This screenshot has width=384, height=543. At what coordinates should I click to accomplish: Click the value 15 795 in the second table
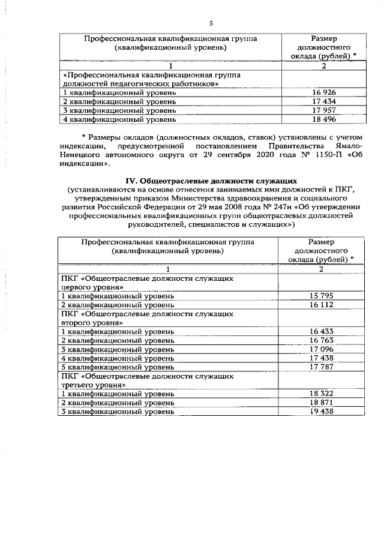pyautogui.click(x=321, y=296)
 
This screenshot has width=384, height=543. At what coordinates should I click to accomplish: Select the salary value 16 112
pyautogui.click(x=321, y=305)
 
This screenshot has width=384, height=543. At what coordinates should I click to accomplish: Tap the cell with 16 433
pyautogui.click(x=321, y=331)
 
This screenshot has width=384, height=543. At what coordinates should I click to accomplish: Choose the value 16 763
pyautogui.click(x=321, y=340)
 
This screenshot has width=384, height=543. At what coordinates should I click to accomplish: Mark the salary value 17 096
pyautogui.click(x=321, y=349)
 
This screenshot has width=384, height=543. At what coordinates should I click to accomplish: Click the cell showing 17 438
pyautogui.click(x=321, y=358)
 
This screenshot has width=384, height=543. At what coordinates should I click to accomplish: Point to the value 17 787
pyautogui.click(x=321, y=367)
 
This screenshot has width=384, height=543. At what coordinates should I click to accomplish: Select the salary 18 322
pyautogui.click(x=321, y=394)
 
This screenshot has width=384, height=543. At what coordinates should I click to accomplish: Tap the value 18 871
pyautogui.click(x=321, y=403)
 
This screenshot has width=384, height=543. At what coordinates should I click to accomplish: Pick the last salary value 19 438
pyautogui.click(x=321, y=412)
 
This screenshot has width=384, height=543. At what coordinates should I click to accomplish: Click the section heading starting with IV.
pyautogui.click(x=211, y=181)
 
